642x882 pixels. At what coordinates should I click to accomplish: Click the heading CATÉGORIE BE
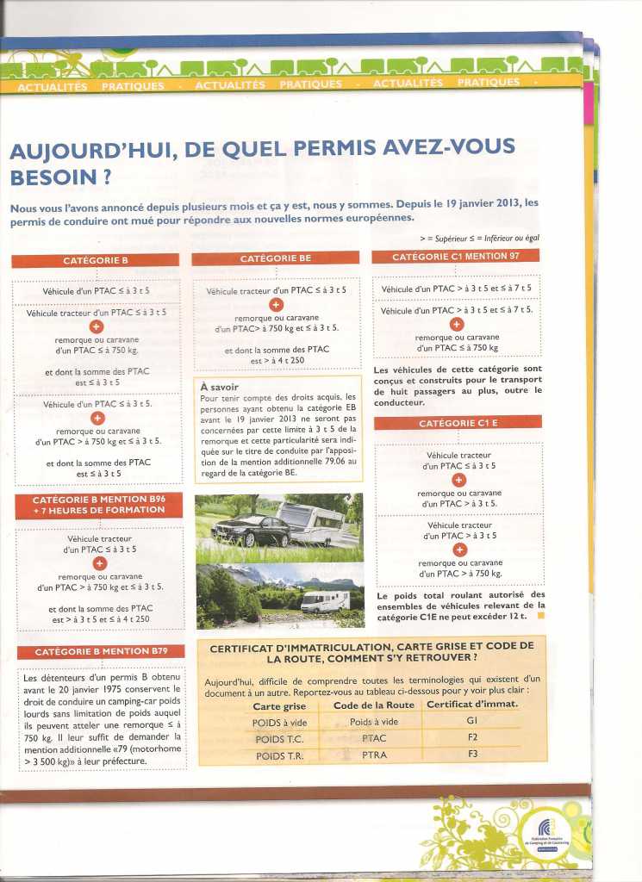click(x=276, y=258)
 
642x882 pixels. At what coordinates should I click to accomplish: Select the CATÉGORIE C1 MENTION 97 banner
click(x=455, y=257)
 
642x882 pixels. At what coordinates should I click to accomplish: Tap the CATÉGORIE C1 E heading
click(x=457, y=423)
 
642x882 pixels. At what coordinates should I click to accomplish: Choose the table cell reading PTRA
click(x=373, y=755)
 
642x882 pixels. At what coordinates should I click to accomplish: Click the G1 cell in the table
click(x=472, y=721)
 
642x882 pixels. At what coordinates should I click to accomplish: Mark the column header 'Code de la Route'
click(x=373, y=704)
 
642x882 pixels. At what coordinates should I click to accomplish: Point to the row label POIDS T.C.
click(x=279, y=739)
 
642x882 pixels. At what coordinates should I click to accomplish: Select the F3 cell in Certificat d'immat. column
click(x=472, y=755)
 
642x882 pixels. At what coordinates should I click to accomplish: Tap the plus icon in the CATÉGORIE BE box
click(x=276, y=305)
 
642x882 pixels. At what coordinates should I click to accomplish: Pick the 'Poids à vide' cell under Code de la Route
click(x=373, y=722)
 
